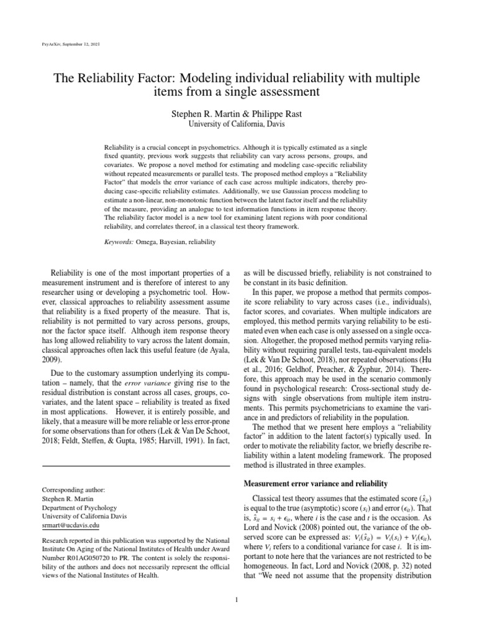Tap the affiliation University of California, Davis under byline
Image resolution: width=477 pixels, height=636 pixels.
[x=238, y=125]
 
